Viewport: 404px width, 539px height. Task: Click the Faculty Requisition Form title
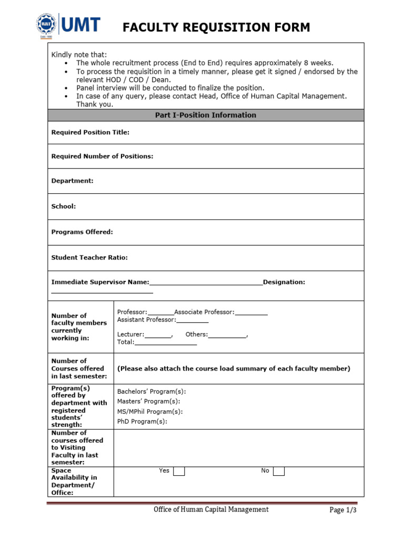click(x=216, y=27)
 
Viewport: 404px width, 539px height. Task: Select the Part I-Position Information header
click(x=206, y=115)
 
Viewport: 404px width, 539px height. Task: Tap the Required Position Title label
click(x=90, y=133)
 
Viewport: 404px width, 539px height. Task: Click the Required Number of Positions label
click(x=102, y=156)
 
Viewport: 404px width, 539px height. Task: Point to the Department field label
click(x=72, y=181)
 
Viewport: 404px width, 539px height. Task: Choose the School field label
click(x=63, y=206)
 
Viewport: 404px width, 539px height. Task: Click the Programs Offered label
click(x=82, y=232)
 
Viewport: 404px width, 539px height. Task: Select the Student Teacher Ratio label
click(x=89, y=257)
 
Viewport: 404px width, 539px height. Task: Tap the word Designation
click(x=284, y=282)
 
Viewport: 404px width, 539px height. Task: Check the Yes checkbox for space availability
click(x=179, y=471)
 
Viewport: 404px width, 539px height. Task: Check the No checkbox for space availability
click(x=279, y=471)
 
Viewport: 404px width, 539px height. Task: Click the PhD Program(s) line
click(x=142, y=422)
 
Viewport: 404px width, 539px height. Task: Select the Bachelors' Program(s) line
click(x=151, y=392)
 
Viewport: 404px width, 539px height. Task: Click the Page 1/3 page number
click(x=343, y=510)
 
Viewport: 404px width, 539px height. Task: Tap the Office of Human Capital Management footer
click(x=210, y=509)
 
